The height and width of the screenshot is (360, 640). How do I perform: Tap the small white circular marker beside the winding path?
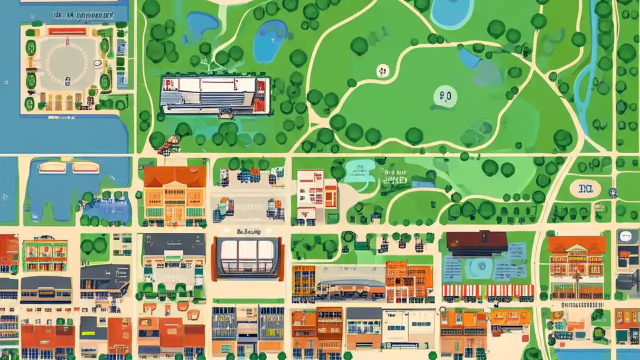tap(382, 70)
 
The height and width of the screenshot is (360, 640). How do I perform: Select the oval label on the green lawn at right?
tap(584, 188)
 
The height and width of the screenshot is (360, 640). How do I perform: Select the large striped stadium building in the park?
tap(215, 95)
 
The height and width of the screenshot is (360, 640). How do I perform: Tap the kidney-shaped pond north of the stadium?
tap(270, 40)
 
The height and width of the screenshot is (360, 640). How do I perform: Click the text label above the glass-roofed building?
tap(248, 231)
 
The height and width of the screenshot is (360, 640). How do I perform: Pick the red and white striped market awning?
tap(487, 290)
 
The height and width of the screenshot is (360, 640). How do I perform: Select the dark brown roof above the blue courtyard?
tap(476, 241)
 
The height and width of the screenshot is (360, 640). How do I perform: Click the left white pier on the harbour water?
tap(52, 167)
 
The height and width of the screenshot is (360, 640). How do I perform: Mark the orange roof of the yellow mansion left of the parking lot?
tap(174, 176)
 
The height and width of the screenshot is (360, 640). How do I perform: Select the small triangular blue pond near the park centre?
tap(468, 58)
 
